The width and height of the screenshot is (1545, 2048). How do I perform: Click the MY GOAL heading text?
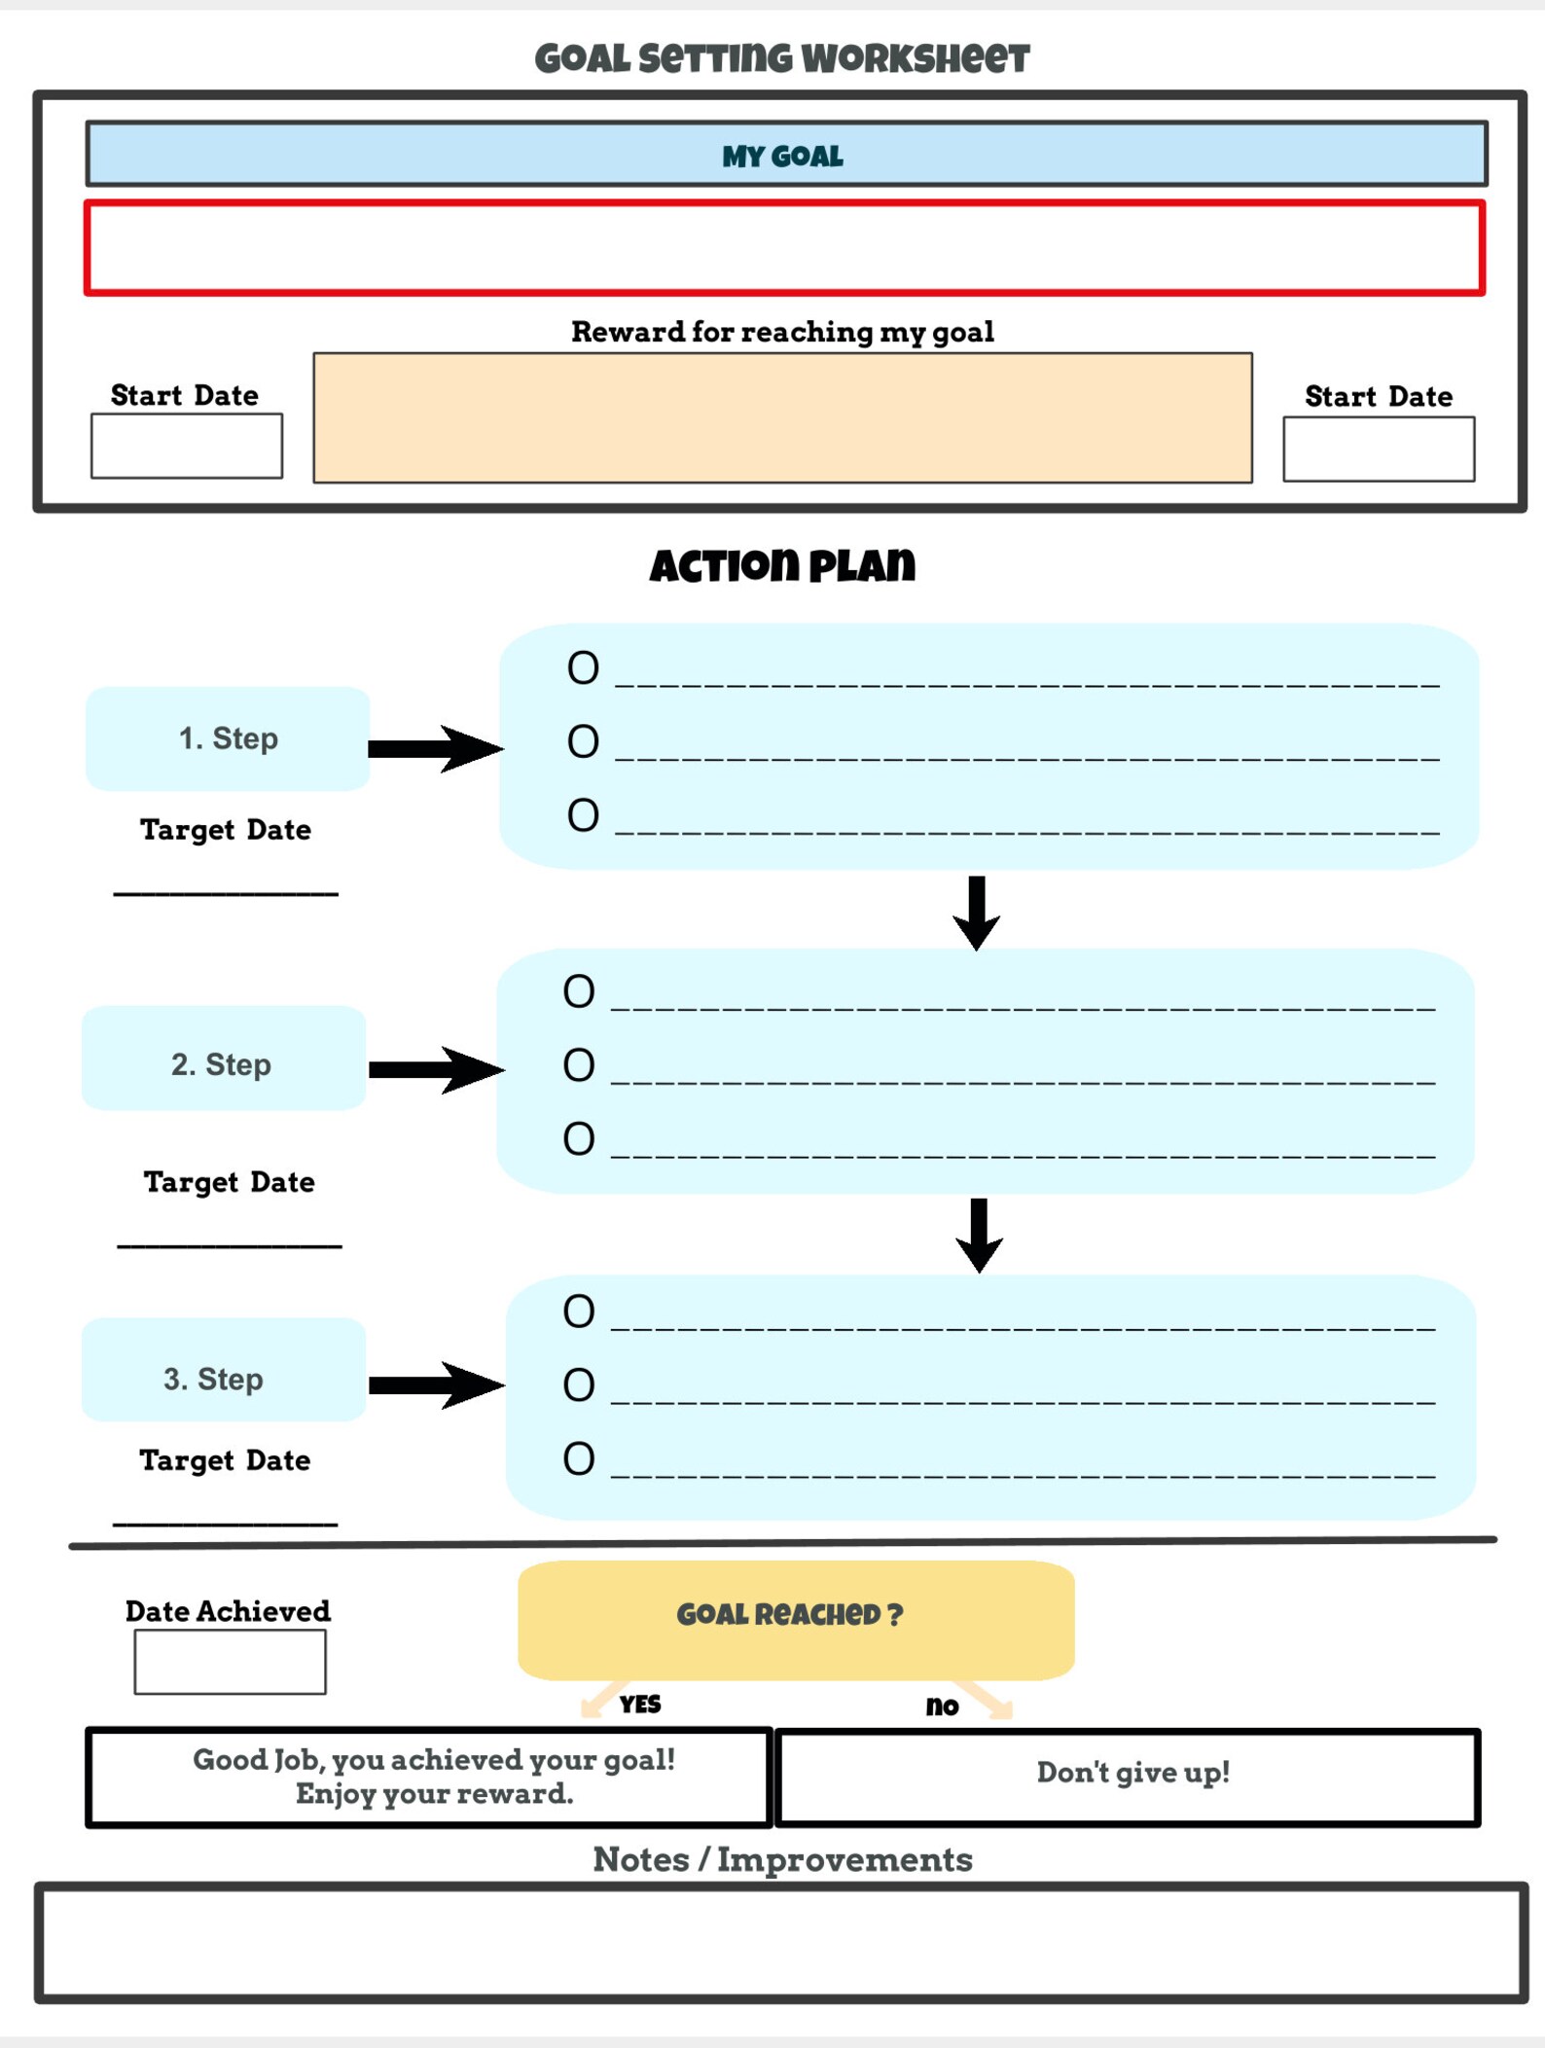tap(782, 156)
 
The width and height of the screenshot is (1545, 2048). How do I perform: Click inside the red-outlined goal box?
tap(784, 248)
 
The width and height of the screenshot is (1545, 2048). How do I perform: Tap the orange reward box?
tap(782, 417)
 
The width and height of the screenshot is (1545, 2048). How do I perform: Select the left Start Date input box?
tap(187, 446)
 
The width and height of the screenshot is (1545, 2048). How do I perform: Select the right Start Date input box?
tap(1378, 449)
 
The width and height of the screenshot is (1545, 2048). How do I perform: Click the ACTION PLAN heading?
tap(782, 565)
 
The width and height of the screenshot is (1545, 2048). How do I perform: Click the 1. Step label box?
tap(228, 738)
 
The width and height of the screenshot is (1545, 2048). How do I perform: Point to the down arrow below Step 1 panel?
tap(977, 913)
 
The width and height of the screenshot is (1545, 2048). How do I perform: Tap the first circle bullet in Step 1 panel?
tap(583, 668)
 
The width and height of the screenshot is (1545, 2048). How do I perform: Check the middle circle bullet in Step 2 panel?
tap(579, 1065)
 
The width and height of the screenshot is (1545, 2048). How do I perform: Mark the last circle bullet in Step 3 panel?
tap(579, 1458)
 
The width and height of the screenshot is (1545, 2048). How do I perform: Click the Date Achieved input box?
tap(230, 1662)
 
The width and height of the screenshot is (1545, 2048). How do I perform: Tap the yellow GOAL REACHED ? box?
tap(796, 1619)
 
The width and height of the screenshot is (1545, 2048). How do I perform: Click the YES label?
tap(640, 1705)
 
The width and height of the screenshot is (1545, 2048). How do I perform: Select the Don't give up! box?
tap(1128, 1778)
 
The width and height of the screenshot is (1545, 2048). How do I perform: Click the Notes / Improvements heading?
tap(782, 1859)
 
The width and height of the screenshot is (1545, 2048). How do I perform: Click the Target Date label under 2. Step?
tap(230, 1182)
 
